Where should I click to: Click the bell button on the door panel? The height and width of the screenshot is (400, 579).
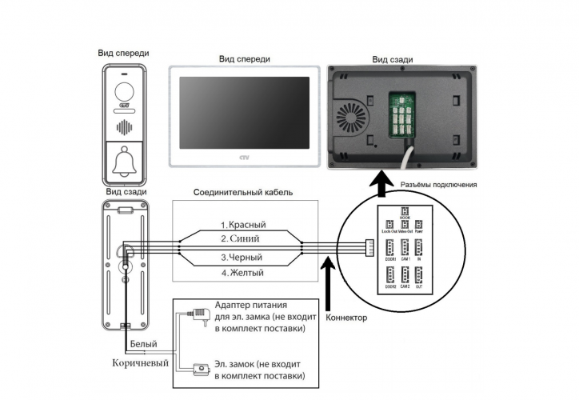(x=124, y=163)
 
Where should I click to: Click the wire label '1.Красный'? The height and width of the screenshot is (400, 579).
(x=243, y=225)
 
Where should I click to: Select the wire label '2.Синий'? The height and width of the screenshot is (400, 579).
(x=243, y=238)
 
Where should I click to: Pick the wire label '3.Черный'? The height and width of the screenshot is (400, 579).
(x=243, y=258)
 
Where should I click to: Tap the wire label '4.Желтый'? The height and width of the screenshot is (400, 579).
(x=243, y=273)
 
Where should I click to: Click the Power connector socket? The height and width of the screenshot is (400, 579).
(x=418, y=226)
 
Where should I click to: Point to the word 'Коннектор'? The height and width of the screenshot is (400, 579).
(x=346, y=318)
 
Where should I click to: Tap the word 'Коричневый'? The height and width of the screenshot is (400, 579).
(x=141, y=362)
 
